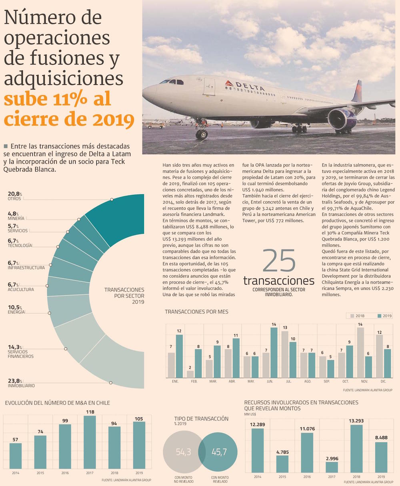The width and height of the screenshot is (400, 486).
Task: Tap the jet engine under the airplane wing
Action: pos(342,119)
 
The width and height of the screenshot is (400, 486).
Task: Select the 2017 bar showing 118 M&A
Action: pos(90,442)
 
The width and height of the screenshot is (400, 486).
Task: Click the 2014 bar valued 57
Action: pos(16,456)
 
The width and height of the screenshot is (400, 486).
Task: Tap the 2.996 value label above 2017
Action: pos(332,458)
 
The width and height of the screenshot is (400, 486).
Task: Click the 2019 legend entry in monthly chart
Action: pos(384,316)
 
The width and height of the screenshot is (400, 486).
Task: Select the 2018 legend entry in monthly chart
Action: pos(357,316)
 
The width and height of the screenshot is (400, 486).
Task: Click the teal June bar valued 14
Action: pos(274,353)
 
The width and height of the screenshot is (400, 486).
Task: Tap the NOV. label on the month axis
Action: pos(365,381)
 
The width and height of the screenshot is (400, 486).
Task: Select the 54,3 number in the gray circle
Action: pos(184,452)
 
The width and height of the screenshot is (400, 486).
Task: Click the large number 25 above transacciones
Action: pos(279,261)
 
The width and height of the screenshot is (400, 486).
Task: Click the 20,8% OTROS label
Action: pos(15,196)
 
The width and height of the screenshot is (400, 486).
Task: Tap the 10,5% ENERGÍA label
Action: pos(16,309)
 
